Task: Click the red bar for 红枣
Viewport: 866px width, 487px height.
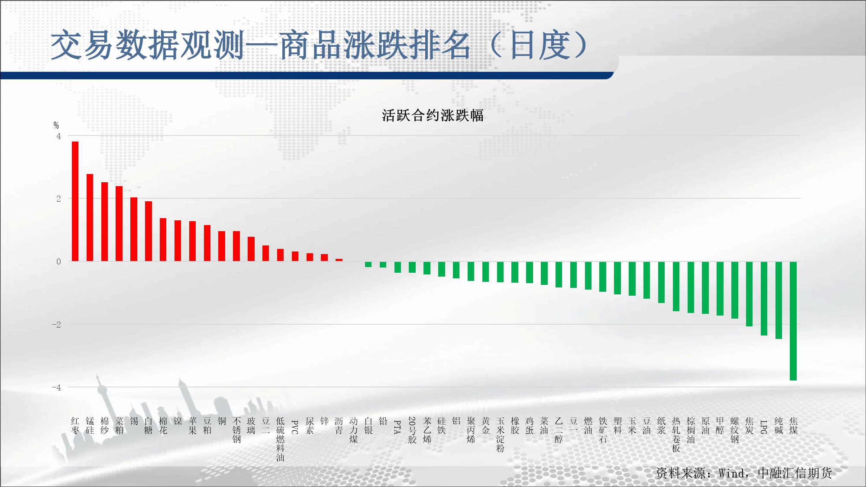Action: tap(75, 201)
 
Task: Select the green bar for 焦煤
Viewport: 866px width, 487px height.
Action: tap(793, 321)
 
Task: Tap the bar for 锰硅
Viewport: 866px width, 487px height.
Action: tap(90, 217)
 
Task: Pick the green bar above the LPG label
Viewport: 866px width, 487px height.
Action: tap(764, 298)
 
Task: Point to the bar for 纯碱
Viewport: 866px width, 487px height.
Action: tap(779, 300)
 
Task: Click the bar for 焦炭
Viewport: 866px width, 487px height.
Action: tap(749, 294)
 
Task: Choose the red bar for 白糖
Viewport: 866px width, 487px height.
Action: tap(149, 231)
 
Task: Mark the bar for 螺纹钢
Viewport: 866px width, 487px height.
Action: tap(735, 290)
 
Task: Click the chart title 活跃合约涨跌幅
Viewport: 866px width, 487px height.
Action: tap(433, 116)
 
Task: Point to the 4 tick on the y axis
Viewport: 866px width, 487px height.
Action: tap(58, 136)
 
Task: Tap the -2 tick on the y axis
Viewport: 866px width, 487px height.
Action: tap(56, 325)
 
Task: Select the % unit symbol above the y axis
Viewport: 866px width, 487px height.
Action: tap(56, 125)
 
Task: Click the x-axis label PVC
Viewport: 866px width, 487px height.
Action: tap(295, 427)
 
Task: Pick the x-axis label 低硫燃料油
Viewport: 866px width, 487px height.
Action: tap(280, 439)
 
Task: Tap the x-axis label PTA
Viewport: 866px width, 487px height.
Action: tap(397, 427)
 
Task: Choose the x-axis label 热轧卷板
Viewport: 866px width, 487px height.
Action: tap(676, 435)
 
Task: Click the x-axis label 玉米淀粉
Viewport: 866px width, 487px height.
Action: tap(500, 435)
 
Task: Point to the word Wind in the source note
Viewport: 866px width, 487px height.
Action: tap(732, 473)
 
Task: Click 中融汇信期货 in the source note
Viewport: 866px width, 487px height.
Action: tap(795, 473)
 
